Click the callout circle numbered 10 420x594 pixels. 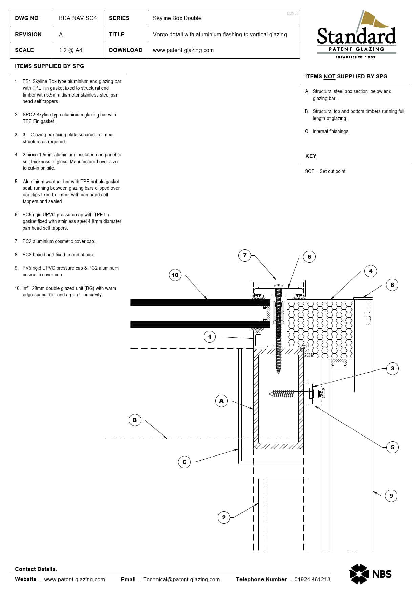[x=175, y=275]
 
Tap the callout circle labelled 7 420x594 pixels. [x=245, y=255]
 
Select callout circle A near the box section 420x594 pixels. [x=221, y=401]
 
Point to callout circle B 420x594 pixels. [x=135, y=420]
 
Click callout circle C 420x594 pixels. [x=184, y=462]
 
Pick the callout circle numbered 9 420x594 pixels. [x=391, y=496]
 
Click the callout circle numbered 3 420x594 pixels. [x=392, y=368]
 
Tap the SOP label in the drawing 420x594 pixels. [x=308, y=355]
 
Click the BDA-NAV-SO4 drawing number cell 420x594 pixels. [x=78, y=18]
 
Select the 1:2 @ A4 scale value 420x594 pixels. [x=70, y=50]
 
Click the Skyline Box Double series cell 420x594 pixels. [x=177, y=18]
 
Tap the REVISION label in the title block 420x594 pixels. [x=28, y=34]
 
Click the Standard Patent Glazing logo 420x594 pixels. [x=356, y=36]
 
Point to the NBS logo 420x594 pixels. [x=370, y=574]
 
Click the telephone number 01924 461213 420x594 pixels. [x=312, y=579]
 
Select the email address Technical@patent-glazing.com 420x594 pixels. [x=182, y=579]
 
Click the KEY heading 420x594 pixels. [x=311, y=156]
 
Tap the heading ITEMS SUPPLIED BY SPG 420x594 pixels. [x=49, y=66]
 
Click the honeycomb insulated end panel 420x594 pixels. [x=320, y=328]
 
